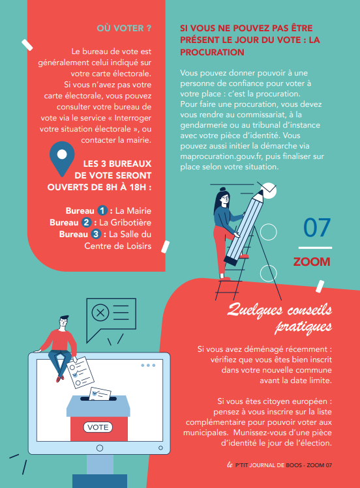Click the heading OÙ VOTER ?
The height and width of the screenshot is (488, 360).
pyautogui.click(x=124, y=28)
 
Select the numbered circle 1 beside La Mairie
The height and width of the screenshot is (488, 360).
pyautogui.click(x=102, y=210)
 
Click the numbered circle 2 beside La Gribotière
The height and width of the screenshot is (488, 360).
pyautogui.click(x=86, y=223)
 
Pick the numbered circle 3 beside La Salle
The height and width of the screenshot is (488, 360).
pyautogui.click(x=96, y=234)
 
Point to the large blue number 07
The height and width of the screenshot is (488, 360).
pyautogui.click(x=317, y=228)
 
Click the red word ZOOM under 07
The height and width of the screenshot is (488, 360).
pyautogui.click(x=312, y=262)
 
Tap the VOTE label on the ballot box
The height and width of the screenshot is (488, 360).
pyautogui.click(x=98, y=427)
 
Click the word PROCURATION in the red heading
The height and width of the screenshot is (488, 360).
pyautogui.click(x=212, y=52)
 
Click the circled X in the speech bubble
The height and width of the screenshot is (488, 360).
pyautogui.click(x=100, y=313)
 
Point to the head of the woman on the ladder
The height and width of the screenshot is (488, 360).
pyautogui.click(x=223, y=197)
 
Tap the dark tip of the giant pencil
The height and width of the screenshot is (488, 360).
pyautogui.click(x=260, y=193)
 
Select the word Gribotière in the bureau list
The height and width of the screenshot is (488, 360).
pyautogui.click(x=131, y=223)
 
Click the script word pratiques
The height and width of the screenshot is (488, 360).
pyautogui.click(x=303, y=326)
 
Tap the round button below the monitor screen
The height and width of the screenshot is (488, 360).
pyautogui.click(x=100, y=448)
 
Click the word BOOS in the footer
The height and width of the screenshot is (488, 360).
pyautogui.click(x=294, y=465)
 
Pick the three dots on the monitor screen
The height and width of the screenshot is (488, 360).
pyautogui.click(x=148, y=366)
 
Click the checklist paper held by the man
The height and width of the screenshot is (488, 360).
pyautogui.click(x=80, y=373)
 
